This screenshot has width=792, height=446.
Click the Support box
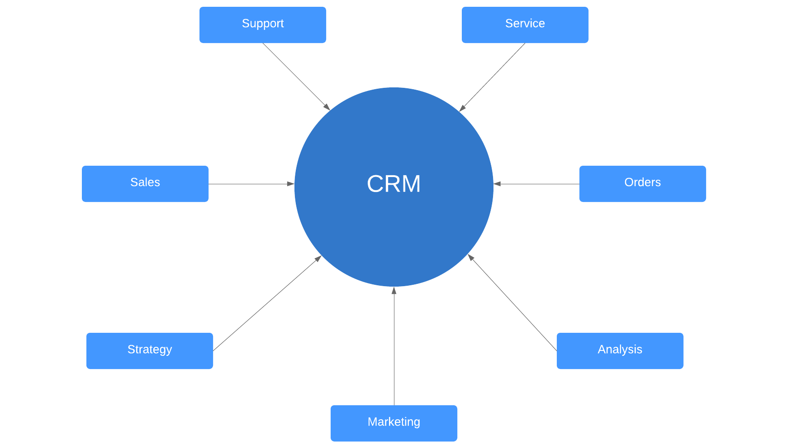tap(262, 25)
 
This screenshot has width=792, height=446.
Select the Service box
tap(525, 25)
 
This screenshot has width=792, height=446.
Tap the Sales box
tap(145, 183)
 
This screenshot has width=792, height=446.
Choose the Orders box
tap(642, 183)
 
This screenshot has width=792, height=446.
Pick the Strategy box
tap(149, 351)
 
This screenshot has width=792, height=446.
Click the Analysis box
tap(620, 351)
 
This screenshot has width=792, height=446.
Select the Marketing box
tap(394, 423)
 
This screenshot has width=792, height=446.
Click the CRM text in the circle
tap(394, 184)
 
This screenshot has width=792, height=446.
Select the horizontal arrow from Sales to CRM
tap(249, 184)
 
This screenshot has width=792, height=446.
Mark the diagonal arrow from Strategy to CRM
tap(267, 303)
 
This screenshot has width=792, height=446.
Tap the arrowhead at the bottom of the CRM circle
tap(394, 291)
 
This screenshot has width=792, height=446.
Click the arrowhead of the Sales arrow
tap(291, 184)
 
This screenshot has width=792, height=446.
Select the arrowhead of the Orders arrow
tap(497, 184)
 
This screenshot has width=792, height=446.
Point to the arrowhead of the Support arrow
tap(327, 107)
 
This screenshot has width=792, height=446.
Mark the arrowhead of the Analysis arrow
tap(470, 257)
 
